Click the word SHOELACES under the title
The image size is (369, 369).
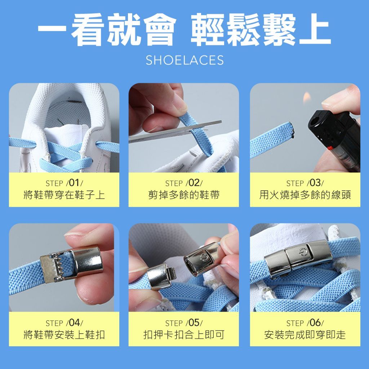point(184,60)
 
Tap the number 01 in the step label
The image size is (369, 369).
point(74,183)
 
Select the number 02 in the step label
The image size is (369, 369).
point(194,183)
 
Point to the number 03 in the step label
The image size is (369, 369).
point(315,183)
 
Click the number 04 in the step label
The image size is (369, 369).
point(74,323)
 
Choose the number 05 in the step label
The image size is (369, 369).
point(194,323)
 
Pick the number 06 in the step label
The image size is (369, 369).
point(315,323)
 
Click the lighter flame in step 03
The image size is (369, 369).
point(307,98)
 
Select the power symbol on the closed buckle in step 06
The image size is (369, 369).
point(302,252)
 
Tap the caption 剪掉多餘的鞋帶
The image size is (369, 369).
point(184,195)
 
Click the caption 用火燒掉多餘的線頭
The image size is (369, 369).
point(305,195)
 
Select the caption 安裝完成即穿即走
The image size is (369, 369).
point(305,335)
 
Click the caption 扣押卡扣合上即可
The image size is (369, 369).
point(184,335)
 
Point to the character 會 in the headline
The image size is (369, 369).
point(160,30)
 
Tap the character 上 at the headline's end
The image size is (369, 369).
point(315,30)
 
